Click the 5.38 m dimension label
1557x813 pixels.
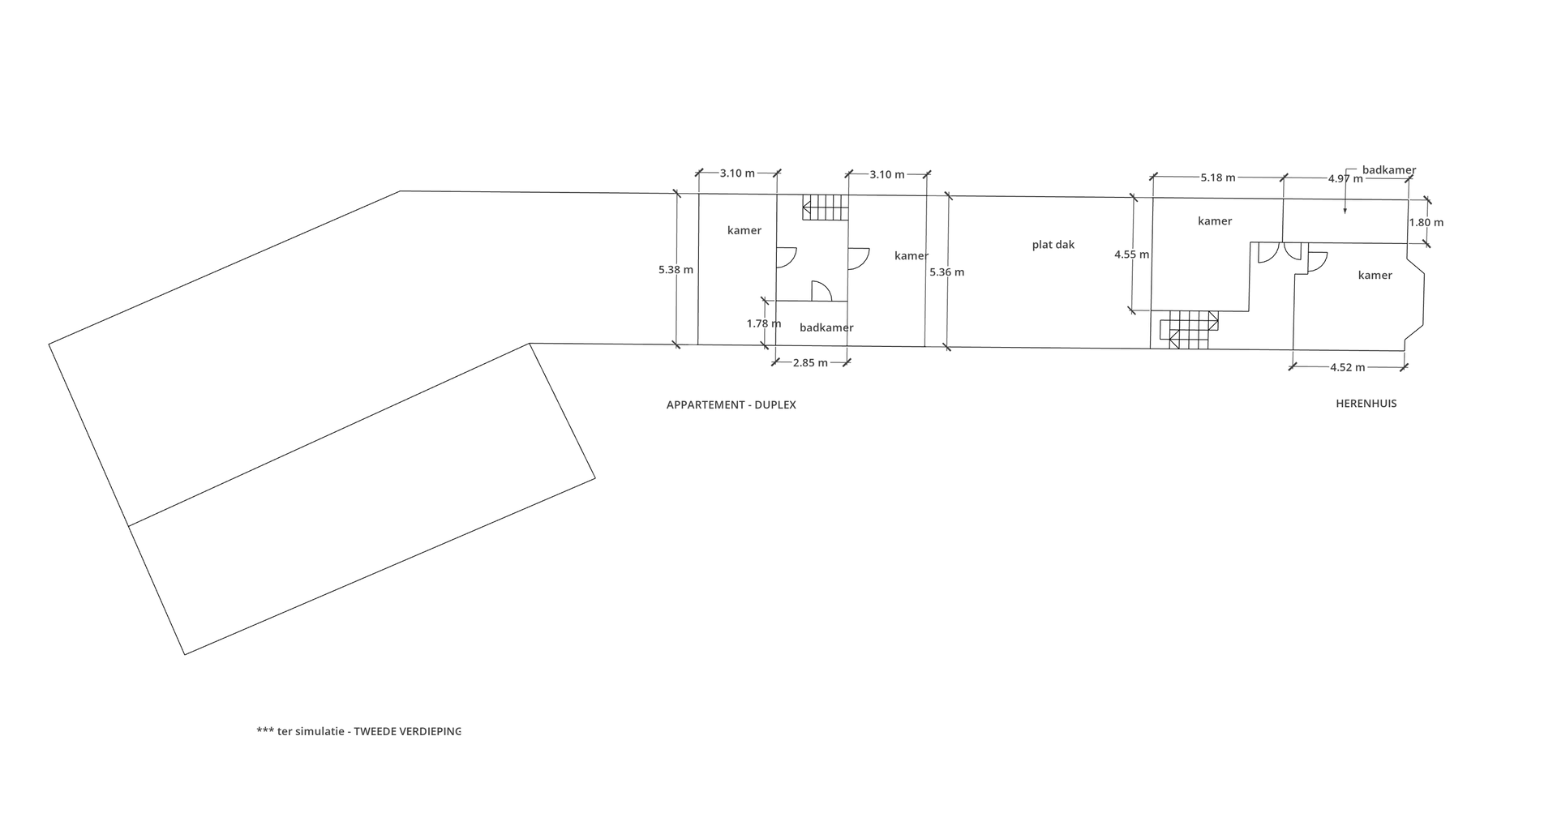pyautogui.click(x=676, y=270)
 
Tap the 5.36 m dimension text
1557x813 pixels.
pyautogui.click(x=946, y=272)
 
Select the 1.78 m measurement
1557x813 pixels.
pyautogui.click(x=764, y=323)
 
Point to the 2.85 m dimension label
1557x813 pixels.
pyautogui.click(x=810, y=363)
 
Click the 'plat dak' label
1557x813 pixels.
pyautogui.click(x=1053, y=245)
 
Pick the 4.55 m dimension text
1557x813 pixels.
pyautogui.click(x=1131, y=255)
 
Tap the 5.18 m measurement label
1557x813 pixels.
pyautogui.click(x=1218, y=178)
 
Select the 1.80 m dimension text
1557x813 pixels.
pyautogui.click(x=1426, y=222)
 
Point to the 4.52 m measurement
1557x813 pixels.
pyautogui.click(x=1348, y=367)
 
